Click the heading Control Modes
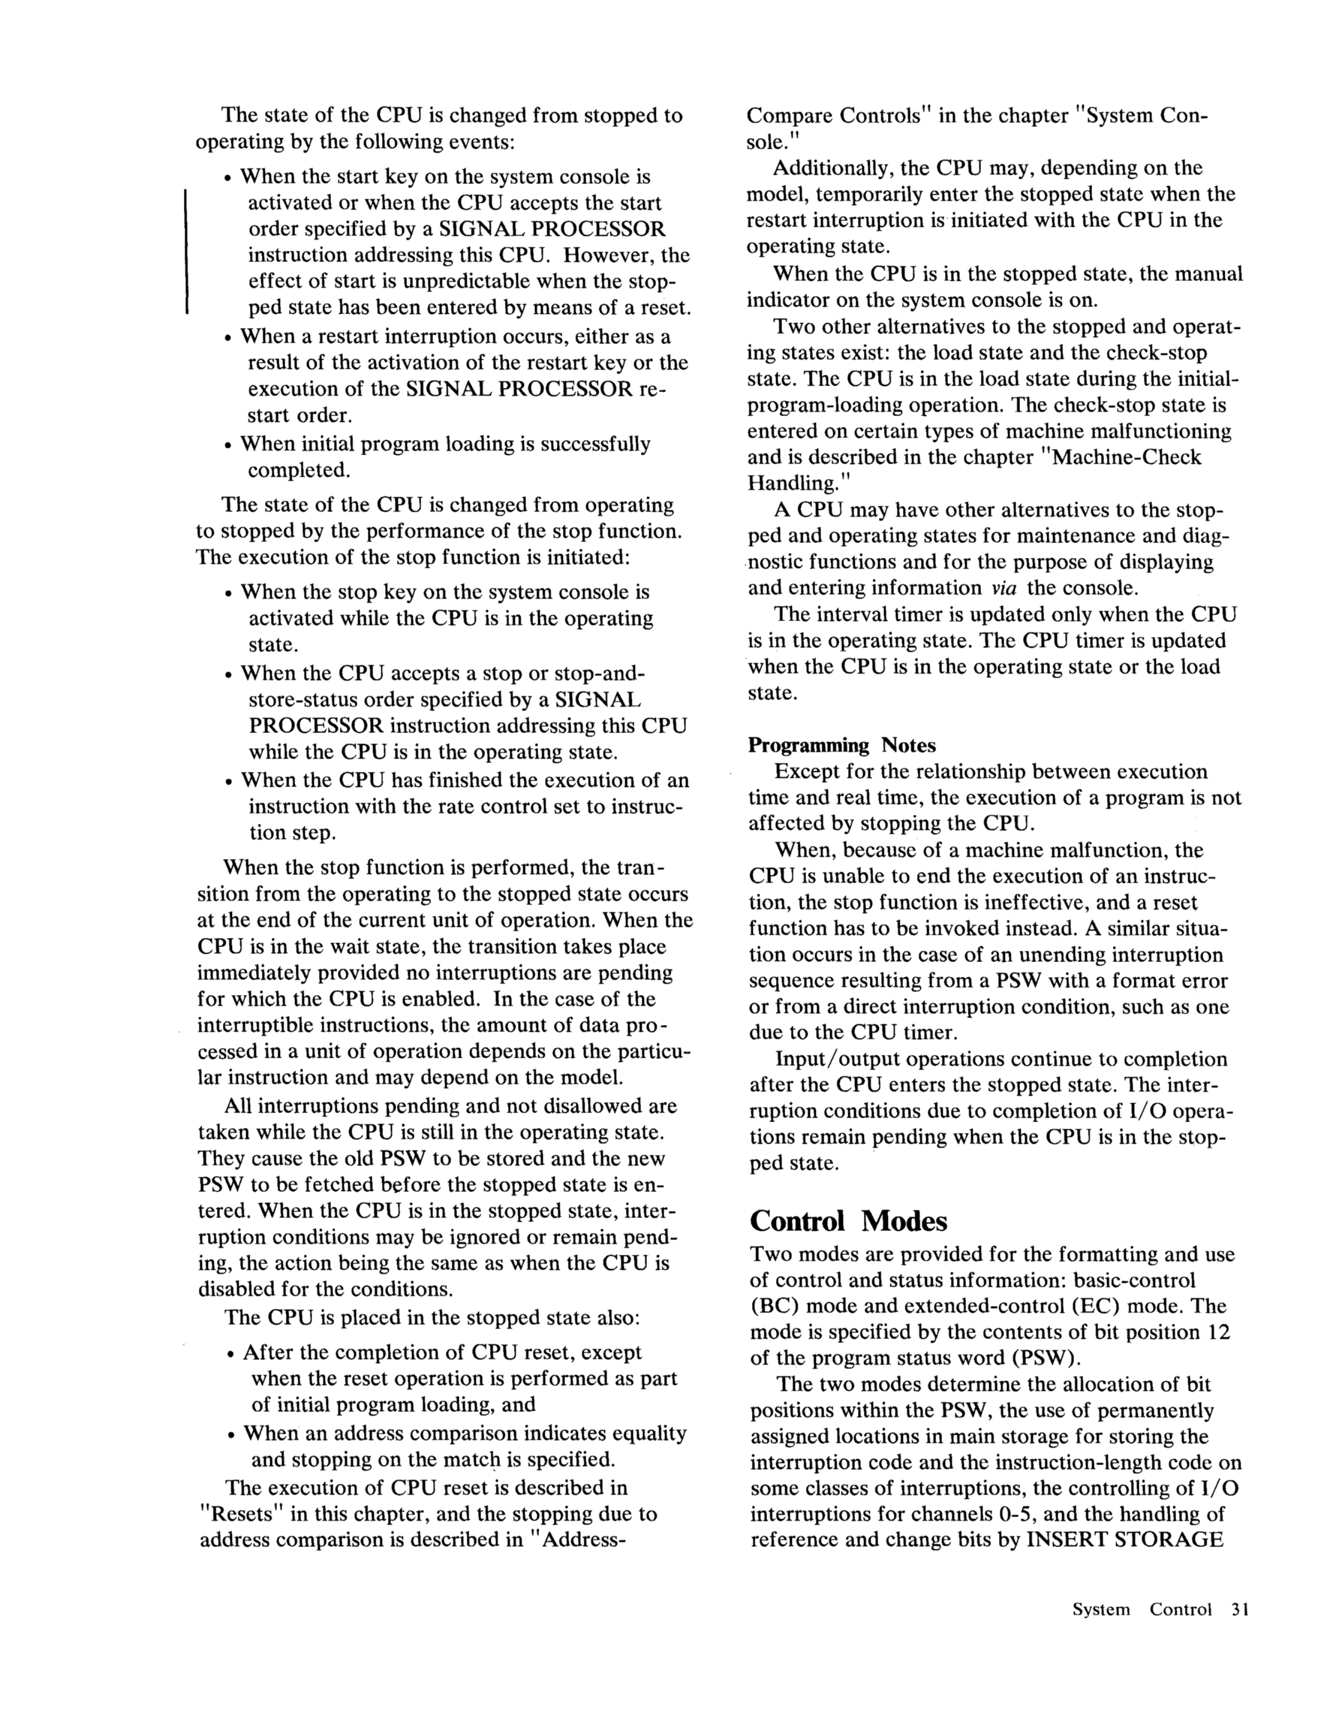tap(847, 1220)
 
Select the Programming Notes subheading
tap(841, 746)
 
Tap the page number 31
tap(1241, 1609)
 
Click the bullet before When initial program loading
tap(229, 445)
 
